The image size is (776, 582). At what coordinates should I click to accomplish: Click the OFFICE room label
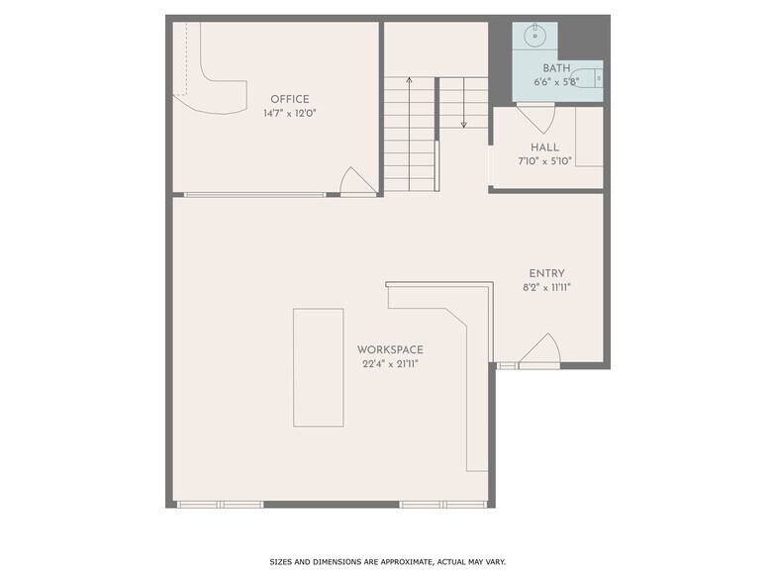tap(290, 99)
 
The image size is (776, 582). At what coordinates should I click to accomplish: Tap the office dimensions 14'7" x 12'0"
tap(290, 114)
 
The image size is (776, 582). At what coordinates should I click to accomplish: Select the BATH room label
tap(555, 68)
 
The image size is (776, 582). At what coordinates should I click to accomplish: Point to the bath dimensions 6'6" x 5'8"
tap(555, 82)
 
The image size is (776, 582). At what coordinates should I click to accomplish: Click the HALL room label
tap(544, 147)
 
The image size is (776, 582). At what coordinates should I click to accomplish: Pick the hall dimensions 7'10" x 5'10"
tap(544, 161)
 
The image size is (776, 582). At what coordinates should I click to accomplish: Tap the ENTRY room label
tap(547, 274)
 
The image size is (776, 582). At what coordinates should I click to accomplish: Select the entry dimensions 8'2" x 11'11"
tap(547, 288)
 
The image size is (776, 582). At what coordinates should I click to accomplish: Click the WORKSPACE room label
tap(390, 349)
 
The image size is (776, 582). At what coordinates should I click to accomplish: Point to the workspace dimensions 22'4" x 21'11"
tap(390, 364)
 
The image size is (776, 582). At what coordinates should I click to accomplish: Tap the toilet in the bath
tap(590, 76)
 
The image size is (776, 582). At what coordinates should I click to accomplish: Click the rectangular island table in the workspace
tap(318, 367)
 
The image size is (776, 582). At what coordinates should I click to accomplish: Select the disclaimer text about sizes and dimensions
tap(388, 561)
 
